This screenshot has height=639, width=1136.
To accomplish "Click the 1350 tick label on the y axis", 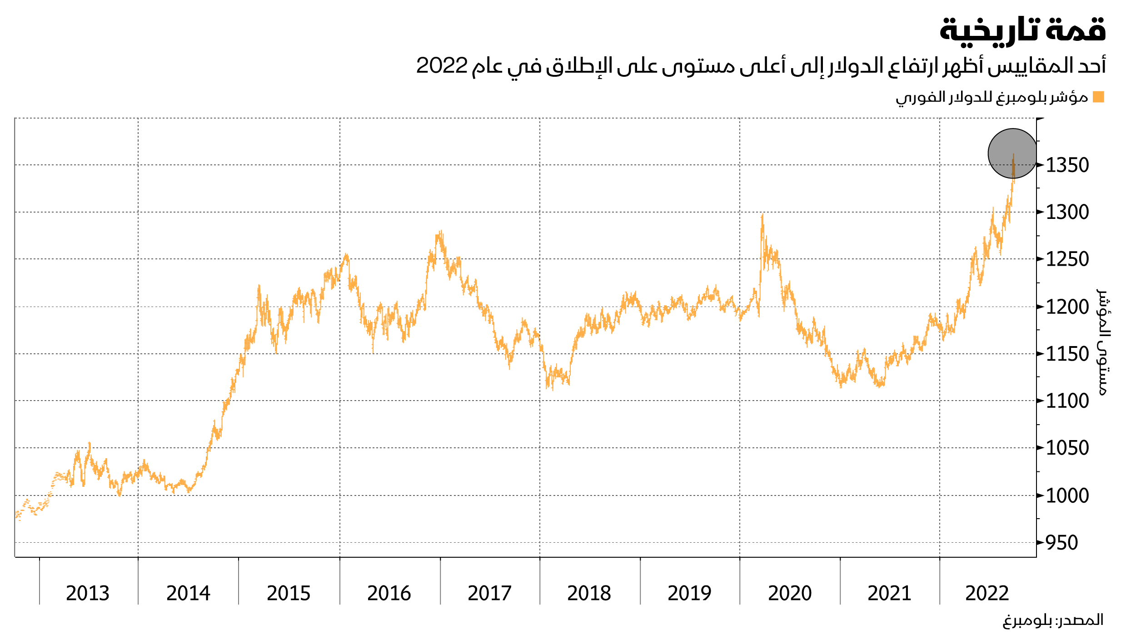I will tap(1067, 165).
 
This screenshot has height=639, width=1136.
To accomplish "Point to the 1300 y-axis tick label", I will tap(1067, 213).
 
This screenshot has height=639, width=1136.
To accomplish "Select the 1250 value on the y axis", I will tap(1067, 259).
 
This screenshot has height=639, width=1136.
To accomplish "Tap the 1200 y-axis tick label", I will tap(1067, 307).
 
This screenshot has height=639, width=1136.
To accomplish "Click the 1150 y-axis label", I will tap(1067, 354).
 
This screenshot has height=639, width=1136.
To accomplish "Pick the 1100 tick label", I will tap(1067, 401).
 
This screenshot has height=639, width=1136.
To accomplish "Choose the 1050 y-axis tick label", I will tap(1067, 448).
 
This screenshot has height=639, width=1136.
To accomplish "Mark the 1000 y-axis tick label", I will tap(1067, 495).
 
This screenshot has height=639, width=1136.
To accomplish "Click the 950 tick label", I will tap(1061, 543).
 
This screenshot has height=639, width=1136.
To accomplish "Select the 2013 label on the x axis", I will tap(88, 593).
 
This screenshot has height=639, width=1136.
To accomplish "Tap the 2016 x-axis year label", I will tap(389, 593).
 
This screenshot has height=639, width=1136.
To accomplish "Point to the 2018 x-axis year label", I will tap(589, 593).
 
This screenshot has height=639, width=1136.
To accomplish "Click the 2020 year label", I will tap(790, 593).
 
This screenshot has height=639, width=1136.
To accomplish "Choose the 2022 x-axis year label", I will tap(987, 593).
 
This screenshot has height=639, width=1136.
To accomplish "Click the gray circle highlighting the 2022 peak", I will tap(1013, 154).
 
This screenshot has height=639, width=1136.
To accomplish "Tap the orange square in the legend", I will tap(1098, 97).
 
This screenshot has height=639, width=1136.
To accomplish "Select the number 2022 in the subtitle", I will tap(442, 66).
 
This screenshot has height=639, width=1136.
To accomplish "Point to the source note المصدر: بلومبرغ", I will tap(1053, 620).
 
